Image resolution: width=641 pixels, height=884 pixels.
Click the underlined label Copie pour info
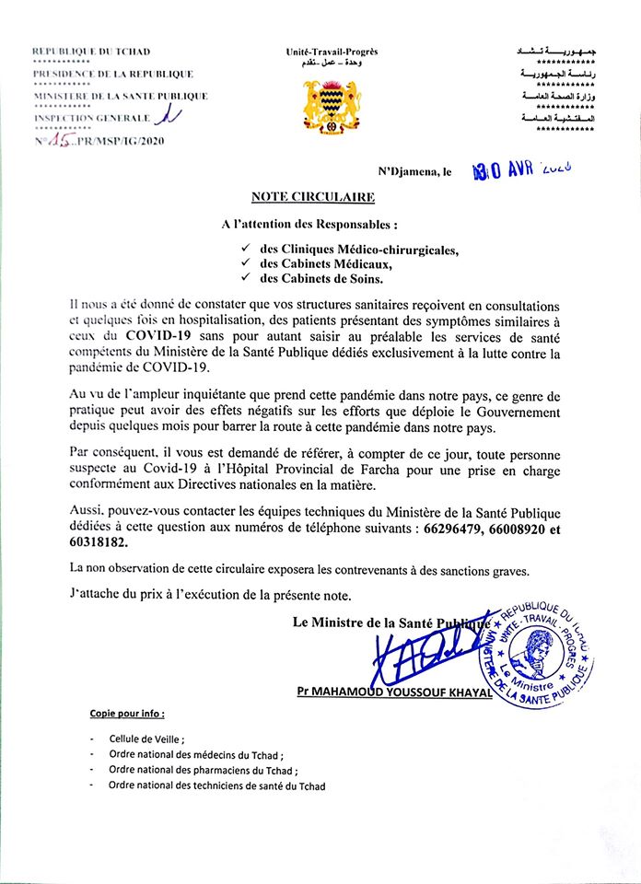click(x=128, y=714)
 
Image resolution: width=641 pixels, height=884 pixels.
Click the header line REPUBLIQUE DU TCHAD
click(x=91, y=52)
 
